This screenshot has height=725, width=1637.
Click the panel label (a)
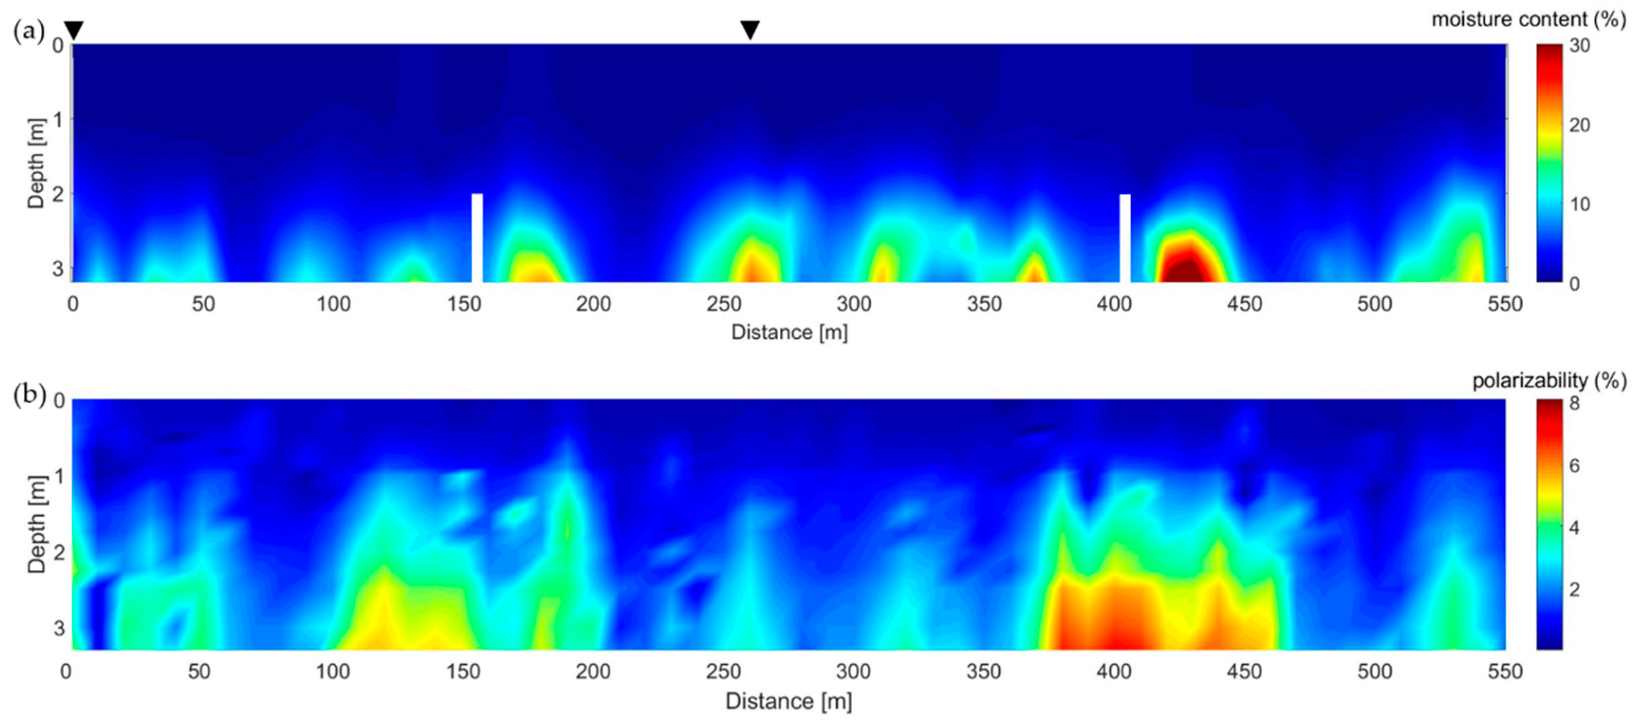(x=28, y=30)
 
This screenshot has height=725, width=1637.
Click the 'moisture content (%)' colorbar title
(x=1528, y=20)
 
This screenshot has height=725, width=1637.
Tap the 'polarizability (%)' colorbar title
(x=1549, y=381)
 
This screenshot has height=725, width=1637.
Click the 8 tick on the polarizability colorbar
(x=1575, y=403)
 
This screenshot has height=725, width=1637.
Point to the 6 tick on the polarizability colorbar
(x=1575, y=465)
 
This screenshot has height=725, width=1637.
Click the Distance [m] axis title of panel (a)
(x=789, y=332)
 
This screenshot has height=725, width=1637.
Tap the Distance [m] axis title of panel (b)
(x=789, y=701)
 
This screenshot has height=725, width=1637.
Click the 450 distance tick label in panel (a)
(x=1244, y=304)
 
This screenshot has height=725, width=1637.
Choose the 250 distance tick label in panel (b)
(x=724, y=671)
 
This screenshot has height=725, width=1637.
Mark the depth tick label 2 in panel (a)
(x=58, y=194)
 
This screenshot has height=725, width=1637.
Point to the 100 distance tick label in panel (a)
(x=334, y=304)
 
